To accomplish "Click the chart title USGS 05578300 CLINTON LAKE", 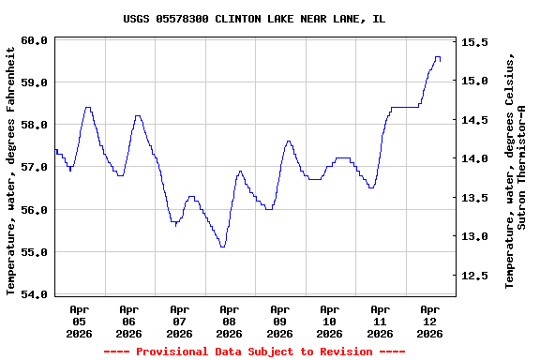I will [254, 19].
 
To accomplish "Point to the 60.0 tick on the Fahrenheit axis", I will [35, 40].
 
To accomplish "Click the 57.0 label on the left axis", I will [35, 167].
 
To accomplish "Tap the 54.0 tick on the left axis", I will [35, 294].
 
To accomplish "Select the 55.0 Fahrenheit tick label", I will [35, 252].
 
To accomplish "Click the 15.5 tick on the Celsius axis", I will [472, 42].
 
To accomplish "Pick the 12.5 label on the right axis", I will [472, 276].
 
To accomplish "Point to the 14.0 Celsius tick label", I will [472, 158].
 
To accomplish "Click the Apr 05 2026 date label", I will [79, 321].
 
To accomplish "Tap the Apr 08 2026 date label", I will [229, 321].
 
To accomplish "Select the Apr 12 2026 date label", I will [429, 321].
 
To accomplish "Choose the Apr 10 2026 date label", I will [329, 321].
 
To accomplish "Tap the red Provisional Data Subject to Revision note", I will [254, 352].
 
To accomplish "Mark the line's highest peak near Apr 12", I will [437, 57].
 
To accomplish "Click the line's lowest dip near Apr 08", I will [222, 247].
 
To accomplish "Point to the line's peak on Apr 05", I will [87, 108].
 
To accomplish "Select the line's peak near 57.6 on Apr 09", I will [289, 142].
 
